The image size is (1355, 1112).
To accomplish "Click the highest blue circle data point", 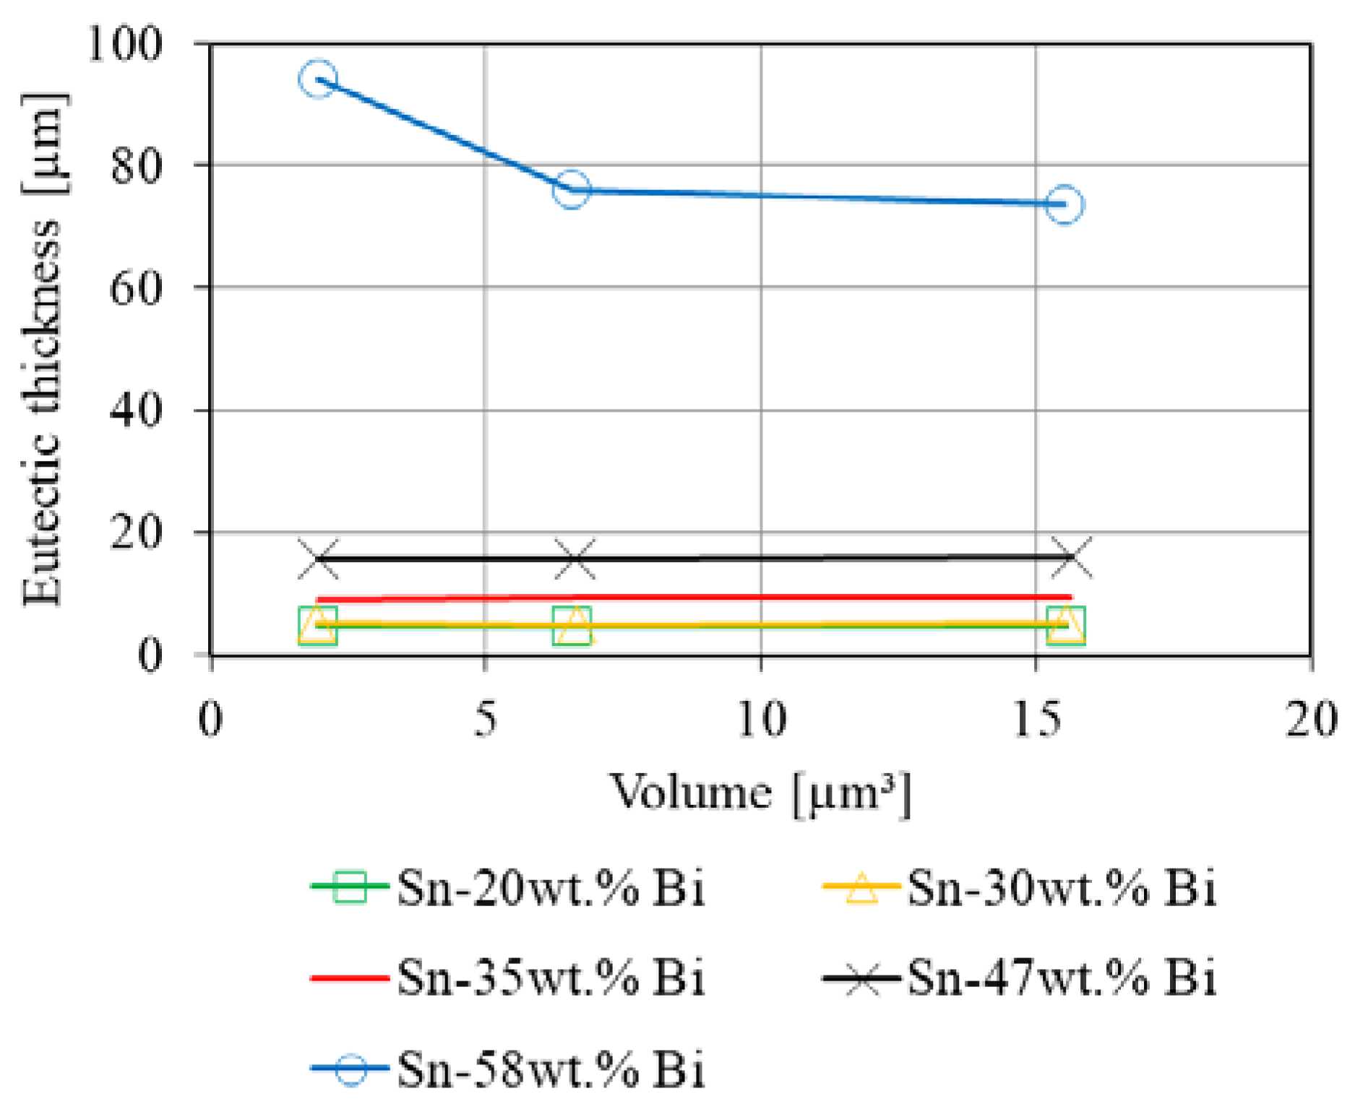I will (x=318, y=79).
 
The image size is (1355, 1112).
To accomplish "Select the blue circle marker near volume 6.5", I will (x=572, y=190).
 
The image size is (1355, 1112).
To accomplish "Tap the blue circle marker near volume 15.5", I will (x=1065, y=204).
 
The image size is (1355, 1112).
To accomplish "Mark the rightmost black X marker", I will (x=1071, y=558).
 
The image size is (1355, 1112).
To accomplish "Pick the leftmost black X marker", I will (x=318, y=559).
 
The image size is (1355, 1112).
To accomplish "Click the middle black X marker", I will (x=575, y=559).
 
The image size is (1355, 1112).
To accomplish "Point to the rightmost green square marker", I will (x=1066, y=625).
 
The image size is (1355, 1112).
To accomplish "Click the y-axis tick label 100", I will (x=125, y=43).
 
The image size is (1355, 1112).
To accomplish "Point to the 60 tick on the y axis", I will (x=136, y=288).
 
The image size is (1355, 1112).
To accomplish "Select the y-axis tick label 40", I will (x=136, y=410).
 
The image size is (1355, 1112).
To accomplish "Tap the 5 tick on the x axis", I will (x=486, y=719).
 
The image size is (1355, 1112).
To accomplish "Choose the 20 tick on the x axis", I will (x=1309, y=719).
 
